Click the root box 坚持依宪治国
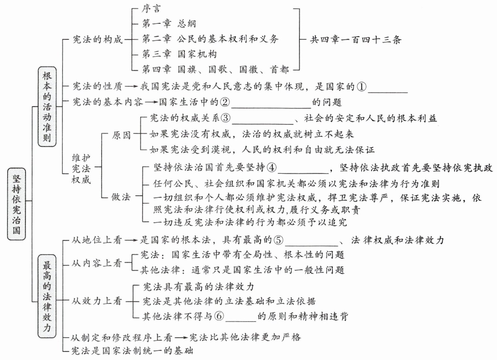pos(16,204)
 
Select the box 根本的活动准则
pos(47,106)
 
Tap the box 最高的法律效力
pos(47,296)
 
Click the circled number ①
pos(361,87)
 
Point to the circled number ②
pos(225,102)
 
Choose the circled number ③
pos(226,118)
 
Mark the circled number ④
pos(271,168)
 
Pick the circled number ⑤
pos(279,240)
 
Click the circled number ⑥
pos(219,316)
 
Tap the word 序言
pos(151,9)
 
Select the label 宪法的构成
pos(97,40)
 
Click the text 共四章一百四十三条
pos(355,40)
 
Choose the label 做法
pos(121,197)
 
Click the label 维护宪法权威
pos(81,169)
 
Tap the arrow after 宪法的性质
pos(131,87)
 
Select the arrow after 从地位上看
pos(131,240)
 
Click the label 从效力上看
pos(97,301)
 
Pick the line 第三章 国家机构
pos(179,54)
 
